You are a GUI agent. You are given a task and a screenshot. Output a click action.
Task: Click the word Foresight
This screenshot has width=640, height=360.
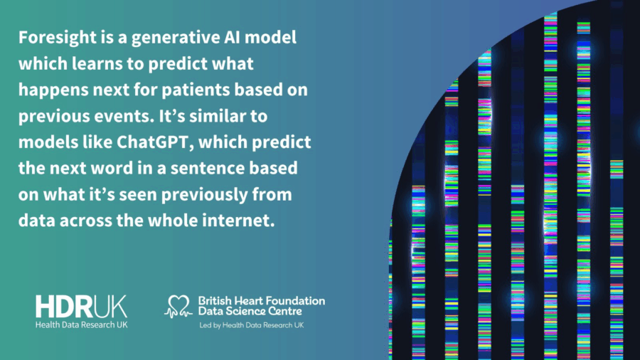[x=58, y=38]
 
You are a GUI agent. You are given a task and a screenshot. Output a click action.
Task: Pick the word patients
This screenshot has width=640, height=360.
[x=196, y=90]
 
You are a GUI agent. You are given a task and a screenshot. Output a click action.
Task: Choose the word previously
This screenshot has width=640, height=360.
[x=204, y=195]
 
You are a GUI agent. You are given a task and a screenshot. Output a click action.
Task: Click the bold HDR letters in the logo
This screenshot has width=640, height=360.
[x=64, y=307]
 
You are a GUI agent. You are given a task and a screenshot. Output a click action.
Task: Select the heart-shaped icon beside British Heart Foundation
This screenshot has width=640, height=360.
[x=178, y=306]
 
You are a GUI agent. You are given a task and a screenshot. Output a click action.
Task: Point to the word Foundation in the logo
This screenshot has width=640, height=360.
[x=294, y=301]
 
